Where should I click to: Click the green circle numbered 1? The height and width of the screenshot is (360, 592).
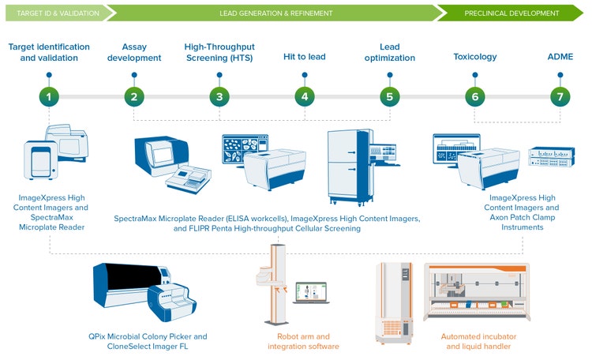click(49, 96)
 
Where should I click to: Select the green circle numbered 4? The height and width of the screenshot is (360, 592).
click(305, 96)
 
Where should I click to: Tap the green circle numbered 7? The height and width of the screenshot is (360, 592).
click(560, 96)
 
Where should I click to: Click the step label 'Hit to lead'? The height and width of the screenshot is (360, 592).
click(305, 57)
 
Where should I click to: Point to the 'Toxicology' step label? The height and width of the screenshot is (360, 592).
click(475, 57)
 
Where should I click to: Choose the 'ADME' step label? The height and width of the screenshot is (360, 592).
click(560, 57)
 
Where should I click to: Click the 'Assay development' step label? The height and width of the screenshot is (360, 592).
click(134, 52)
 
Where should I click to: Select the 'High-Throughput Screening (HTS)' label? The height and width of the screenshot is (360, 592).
click(219, 52)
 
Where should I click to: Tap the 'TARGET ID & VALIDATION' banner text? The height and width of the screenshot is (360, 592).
click(58, 13)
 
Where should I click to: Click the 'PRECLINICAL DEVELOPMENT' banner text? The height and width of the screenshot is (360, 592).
click(511, 13)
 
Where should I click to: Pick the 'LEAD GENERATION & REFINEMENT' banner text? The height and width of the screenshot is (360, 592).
click(275, 13)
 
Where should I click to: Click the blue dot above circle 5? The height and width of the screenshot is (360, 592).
click(390, 75)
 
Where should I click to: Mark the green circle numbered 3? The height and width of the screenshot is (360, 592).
click(219, 96)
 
